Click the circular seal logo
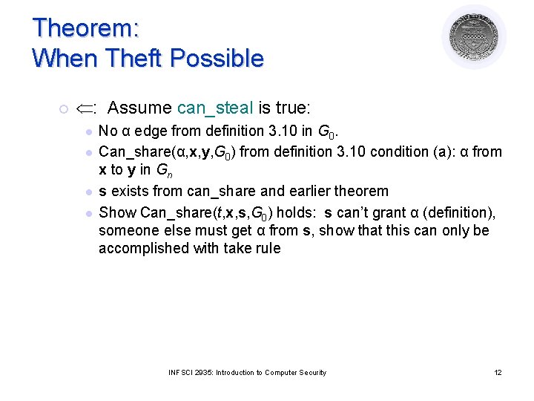click(x=474, y=36)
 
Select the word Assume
click(x=139, y=108)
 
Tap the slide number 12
click(x=498, y=372)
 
